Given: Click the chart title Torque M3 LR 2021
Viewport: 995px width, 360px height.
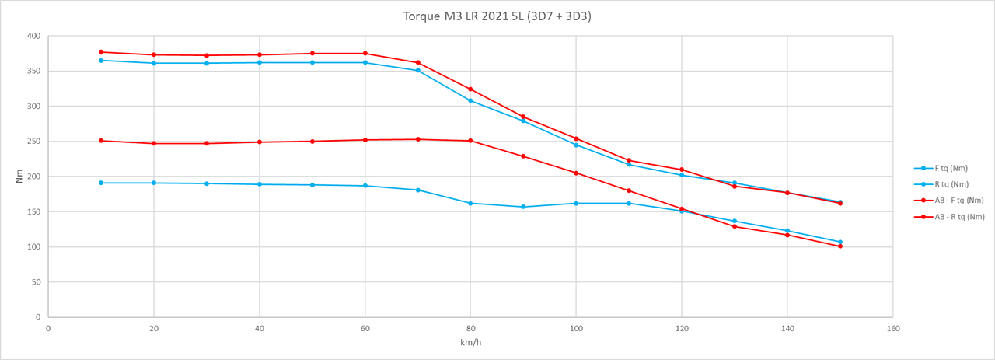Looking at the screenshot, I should pyautogui.click(x=497, y=16).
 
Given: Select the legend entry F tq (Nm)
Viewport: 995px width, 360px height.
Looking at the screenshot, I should pyautogui.click(x=951, y=168).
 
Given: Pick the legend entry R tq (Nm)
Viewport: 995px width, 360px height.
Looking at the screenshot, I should pyautogui.click(x=951, y=184).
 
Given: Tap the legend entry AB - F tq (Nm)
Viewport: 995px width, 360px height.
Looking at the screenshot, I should pyautogui.click(x=958, y=201).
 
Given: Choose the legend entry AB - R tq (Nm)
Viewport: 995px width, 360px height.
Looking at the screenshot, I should pyautogui.click(x=958, y=217).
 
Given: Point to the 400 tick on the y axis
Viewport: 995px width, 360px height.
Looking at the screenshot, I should pyautogui.click(x=33, y=37).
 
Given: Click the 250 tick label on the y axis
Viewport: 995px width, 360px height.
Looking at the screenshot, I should pyautogui.click(x=33, y=142).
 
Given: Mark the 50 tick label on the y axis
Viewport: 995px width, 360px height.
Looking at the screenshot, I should pyautogui.click(x=36, y=282).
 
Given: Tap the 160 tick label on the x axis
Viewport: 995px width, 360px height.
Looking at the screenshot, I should pyautogui.click(x=893, y=329).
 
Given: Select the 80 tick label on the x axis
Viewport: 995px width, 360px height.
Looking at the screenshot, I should pyautogui.click(x=470, y=329).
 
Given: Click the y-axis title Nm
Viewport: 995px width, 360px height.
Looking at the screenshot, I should pyautogui.click(x=19, y=177).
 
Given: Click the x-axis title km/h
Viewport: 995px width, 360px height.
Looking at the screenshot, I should pyautogui.click(x=470, y=342).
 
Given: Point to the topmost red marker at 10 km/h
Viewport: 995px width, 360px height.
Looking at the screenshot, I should pyautogui.click(x=101, y=52).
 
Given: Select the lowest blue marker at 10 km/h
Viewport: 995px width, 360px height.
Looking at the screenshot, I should pyautogui.click(x=101, y=183).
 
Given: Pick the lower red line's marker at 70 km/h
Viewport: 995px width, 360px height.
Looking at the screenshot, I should pyautogui.click(x=418, y=139).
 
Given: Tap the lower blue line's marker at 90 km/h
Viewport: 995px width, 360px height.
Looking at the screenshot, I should pyautogui.click(x=523, y=207).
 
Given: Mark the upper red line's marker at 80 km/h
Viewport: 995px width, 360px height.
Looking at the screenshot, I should pyautogui.click(x=470, y=89).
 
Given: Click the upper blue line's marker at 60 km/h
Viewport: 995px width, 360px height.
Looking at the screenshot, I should pyautogui.click(x=365, y=62).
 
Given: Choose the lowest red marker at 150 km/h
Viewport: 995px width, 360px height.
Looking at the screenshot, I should pyautogui.click(x=840, y=246).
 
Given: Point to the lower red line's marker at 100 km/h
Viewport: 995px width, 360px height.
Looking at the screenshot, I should pyautogui.click(x=576, y=173).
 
